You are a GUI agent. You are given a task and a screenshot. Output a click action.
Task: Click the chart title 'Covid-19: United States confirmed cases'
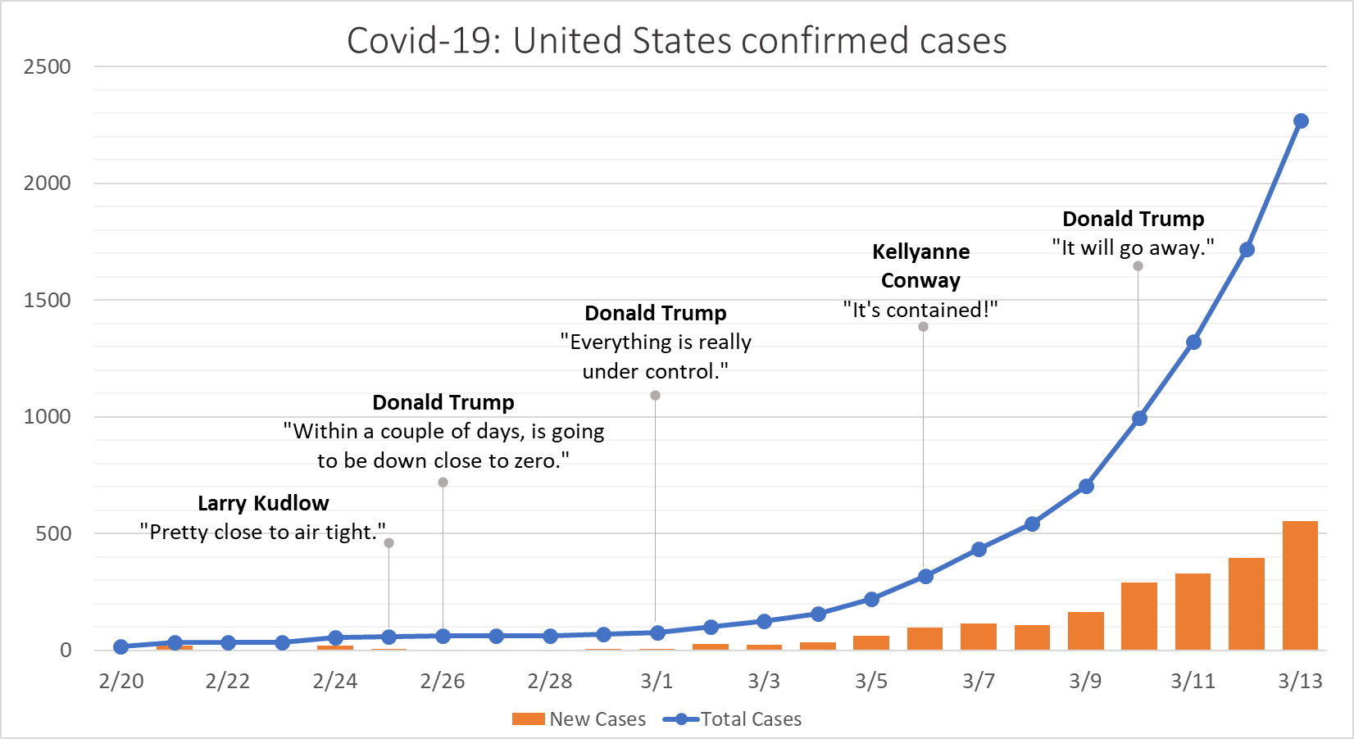676,41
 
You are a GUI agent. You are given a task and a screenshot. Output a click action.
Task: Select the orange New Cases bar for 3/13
1300,585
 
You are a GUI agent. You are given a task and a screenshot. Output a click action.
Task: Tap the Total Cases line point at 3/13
1301,121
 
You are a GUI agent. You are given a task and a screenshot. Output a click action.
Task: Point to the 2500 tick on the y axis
48,67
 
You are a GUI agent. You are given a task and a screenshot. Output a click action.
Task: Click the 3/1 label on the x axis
657,681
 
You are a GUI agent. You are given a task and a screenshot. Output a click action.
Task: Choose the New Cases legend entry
579,719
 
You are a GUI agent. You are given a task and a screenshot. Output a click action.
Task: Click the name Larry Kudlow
263,503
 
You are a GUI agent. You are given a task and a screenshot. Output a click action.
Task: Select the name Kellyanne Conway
920,265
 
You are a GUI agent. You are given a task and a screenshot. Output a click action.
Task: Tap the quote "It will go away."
1133,247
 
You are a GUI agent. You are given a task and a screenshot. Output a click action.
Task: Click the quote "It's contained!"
920,310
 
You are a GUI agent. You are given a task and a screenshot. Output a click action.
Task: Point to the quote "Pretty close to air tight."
262,532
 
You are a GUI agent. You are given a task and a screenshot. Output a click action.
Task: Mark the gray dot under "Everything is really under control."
655,396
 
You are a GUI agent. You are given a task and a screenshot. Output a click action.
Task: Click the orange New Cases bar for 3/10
1139,616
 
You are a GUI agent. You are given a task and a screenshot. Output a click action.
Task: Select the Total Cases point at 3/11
1193,342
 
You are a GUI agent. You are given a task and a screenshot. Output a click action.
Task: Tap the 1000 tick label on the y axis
48,417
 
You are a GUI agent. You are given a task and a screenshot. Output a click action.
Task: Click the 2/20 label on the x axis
121,681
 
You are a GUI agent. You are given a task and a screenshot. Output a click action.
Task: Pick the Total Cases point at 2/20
121,646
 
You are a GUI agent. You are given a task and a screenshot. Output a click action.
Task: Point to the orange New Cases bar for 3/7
979,637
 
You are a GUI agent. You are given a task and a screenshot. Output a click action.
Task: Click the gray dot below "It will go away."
1138,266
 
